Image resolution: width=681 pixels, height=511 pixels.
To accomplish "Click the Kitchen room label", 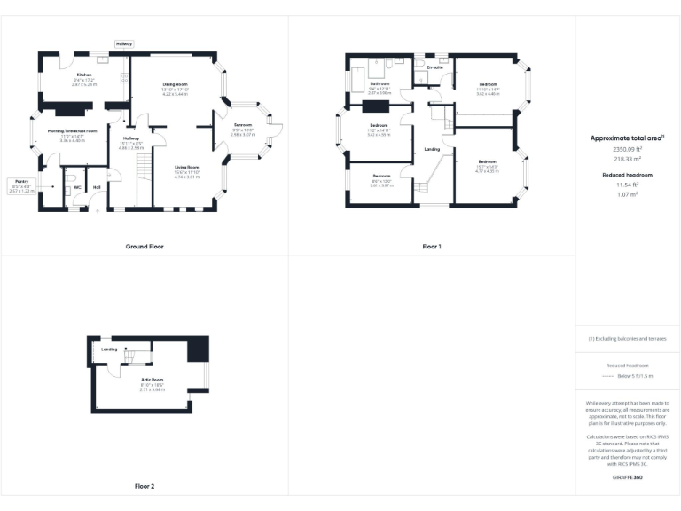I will [84, 75].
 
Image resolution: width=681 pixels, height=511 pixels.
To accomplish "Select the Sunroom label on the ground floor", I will [243, 125].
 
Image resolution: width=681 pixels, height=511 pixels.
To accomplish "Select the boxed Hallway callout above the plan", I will [123, 43].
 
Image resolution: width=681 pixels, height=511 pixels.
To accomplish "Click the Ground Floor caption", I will [144, 246].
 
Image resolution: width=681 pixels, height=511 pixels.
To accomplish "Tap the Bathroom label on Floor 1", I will [380, 83].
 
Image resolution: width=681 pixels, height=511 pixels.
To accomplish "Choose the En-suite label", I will [434, 67].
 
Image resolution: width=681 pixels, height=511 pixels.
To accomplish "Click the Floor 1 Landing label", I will [432, 149].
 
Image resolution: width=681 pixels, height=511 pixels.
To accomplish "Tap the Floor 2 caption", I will [144, 486].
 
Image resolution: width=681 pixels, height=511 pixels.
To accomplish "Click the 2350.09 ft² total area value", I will [627, 150].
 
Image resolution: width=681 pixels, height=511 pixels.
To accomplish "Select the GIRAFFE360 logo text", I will [628, 478].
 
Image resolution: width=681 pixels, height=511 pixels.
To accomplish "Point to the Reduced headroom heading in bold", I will [627, 175].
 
